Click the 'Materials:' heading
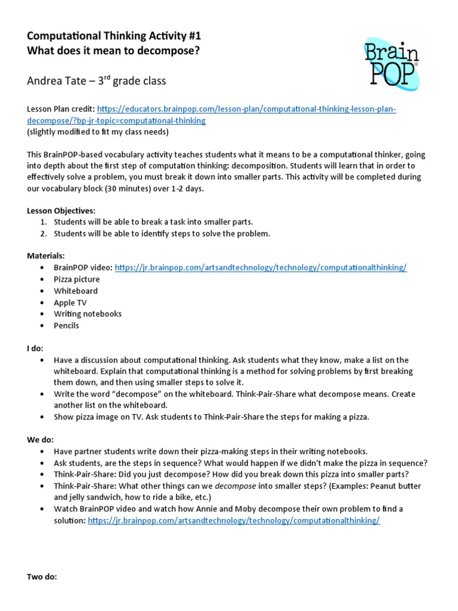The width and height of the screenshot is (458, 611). [x=46, y=256]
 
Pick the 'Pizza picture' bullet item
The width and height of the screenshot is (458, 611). [x=76, y=279]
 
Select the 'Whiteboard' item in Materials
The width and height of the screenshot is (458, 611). [x=76, y=291]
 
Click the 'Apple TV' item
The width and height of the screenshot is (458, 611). [x=70, y=303]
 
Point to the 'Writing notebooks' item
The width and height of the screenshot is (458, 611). [x=87, y=314]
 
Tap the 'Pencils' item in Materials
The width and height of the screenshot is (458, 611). [x=66, y=326]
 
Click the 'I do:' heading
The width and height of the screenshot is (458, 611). [x=35, y=348]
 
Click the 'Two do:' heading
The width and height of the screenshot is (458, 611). [x=42, y=577]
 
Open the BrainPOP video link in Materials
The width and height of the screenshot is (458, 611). [x=261, y=268]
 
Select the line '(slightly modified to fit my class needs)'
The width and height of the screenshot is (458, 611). [x=98, y=132]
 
